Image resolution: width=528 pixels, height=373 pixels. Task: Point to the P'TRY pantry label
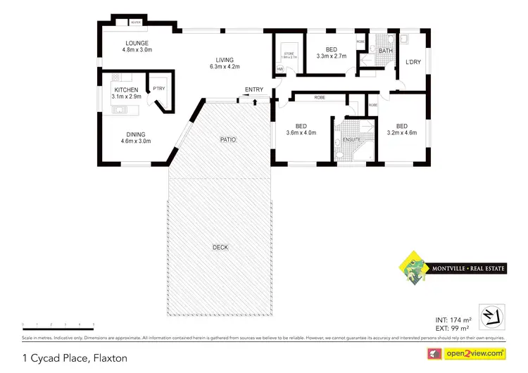(158, 89)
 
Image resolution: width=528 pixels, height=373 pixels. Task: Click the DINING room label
(137, 134)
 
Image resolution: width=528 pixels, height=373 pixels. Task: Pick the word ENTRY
(253, 89)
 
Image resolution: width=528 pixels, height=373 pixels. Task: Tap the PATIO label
(227, 140)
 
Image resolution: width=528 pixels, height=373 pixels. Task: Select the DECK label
(220, 247)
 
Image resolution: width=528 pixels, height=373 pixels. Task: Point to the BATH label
(386, 51)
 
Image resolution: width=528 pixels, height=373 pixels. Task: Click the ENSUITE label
(351, 139)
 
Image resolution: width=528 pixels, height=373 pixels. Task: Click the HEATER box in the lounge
(135, 23)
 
